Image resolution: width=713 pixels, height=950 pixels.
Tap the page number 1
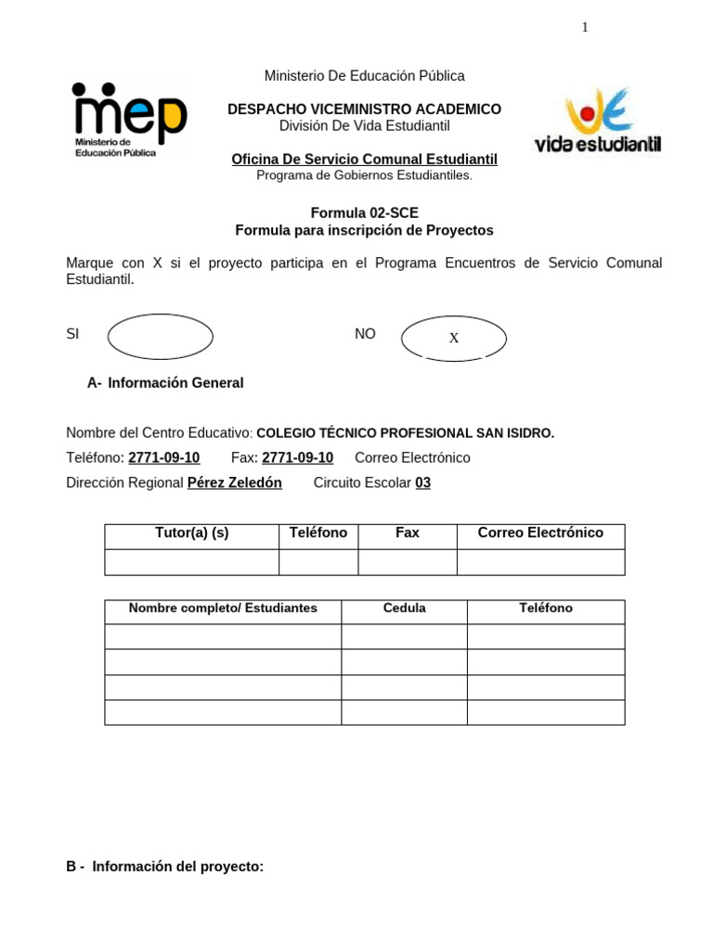[x=585, y=27]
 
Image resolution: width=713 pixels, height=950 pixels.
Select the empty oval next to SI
[x=161, y=337]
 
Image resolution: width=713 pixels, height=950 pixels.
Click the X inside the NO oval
[x=454, y=339]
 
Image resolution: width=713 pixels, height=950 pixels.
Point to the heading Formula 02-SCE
[x=364, y=212]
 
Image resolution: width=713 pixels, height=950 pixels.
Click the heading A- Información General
[x=165, y=382]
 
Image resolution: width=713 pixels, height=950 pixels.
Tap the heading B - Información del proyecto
[x=165, y=866]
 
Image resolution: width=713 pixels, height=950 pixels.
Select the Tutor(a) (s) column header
[x=191, y=533]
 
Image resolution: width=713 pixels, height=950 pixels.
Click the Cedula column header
[x=404, y=608]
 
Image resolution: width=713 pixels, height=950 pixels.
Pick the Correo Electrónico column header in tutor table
[x=540, y=533]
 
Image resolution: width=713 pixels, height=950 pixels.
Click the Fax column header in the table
[x=408, y=533]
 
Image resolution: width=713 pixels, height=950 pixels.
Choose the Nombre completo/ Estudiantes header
[x=223, y=608]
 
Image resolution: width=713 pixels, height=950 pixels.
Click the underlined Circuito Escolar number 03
[x=422, y=482]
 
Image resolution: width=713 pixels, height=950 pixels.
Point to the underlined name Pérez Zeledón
[x=234, y=482]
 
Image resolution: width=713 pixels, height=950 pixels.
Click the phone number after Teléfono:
[x=163, y=457]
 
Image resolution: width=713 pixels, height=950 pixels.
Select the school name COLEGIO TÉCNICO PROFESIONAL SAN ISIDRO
[x=405, y=432]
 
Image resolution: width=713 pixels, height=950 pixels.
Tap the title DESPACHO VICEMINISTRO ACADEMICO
[x=364, y=109]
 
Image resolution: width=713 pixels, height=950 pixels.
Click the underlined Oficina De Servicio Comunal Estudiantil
[x=364, y=160]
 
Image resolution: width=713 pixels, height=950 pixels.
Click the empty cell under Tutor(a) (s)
[x=191, y=562]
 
